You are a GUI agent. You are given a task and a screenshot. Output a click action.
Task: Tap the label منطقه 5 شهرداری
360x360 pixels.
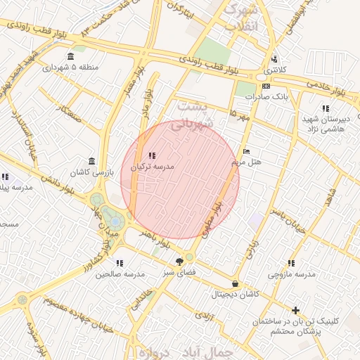[70, 68]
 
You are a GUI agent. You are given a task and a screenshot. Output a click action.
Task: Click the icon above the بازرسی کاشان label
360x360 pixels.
[93, 161]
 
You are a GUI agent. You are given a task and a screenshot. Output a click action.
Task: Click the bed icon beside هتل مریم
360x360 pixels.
[245, 151]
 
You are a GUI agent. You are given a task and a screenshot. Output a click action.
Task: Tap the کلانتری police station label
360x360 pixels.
[271, 71]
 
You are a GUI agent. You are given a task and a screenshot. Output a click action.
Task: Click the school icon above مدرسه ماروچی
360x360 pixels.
[290, 263]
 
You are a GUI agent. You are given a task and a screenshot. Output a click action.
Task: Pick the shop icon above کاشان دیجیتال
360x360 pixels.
[234, 284]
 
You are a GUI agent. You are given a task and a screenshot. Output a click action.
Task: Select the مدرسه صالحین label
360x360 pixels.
[120, 274]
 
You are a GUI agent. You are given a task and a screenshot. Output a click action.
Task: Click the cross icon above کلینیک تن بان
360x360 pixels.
[295, 310]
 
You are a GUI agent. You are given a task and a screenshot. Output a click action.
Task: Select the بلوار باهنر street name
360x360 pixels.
[155, 238]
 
